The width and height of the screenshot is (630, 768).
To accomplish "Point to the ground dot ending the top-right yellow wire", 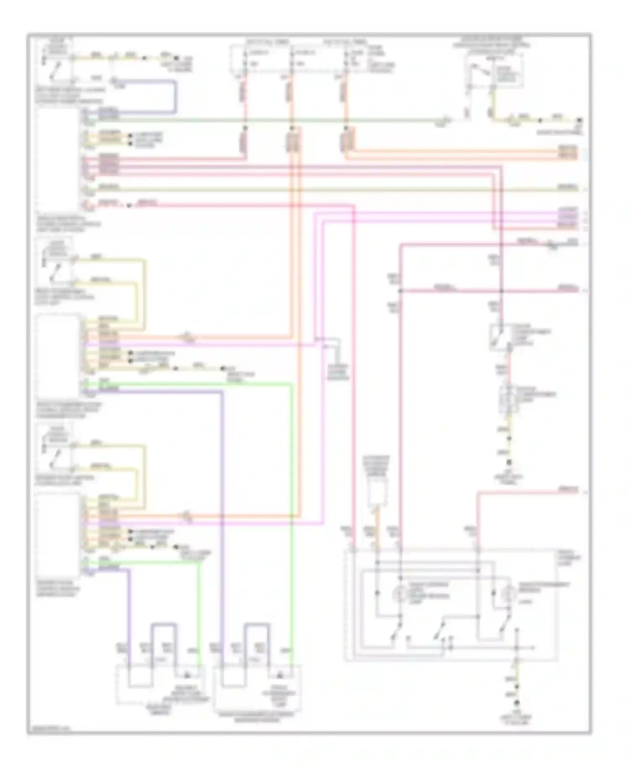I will coord(580,120).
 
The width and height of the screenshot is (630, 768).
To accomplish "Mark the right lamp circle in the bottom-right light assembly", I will coord(509,593).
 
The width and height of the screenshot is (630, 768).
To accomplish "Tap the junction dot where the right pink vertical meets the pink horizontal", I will coord(501,291).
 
